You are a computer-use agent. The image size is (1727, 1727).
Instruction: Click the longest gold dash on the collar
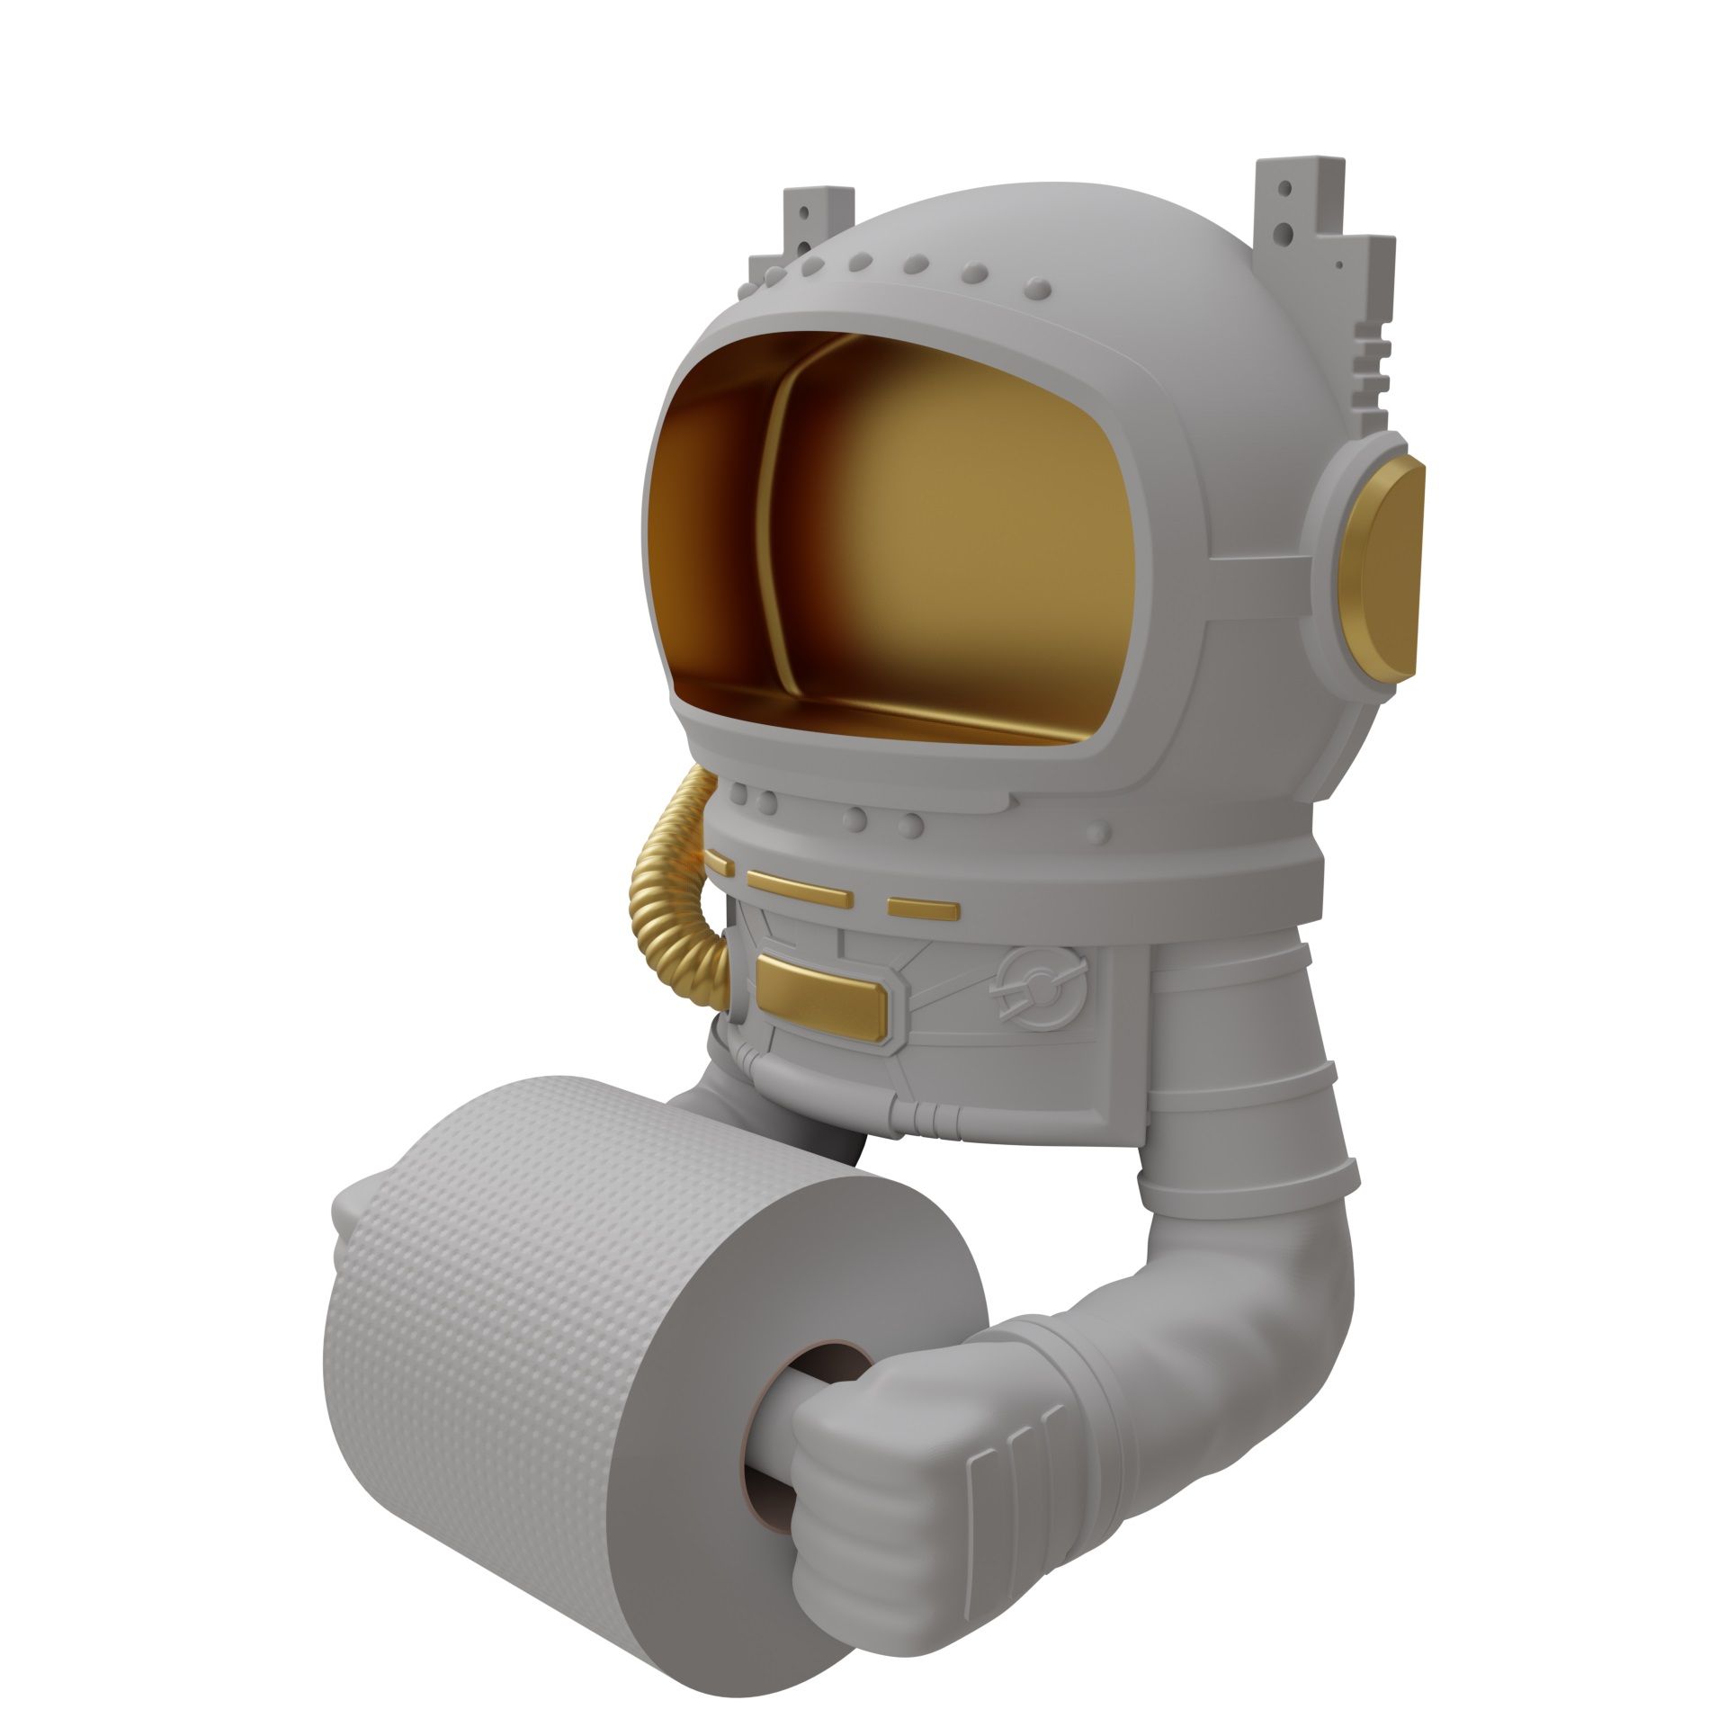799,887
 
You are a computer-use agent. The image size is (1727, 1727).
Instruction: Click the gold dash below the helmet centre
923,907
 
